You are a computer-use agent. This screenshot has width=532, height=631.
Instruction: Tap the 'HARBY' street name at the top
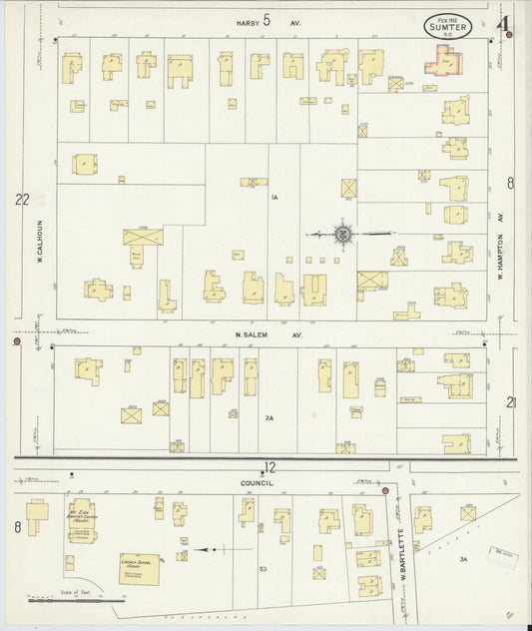[x=248, y=21]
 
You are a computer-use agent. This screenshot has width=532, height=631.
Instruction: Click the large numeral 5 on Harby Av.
[x=266, y=19]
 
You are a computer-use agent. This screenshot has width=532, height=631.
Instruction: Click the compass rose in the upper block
[x=342, y=234]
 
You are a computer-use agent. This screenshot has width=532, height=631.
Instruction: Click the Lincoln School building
[x=139, y=568]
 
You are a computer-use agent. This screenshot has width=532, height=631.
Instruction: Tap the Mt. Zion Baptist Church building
[x=82, y=519]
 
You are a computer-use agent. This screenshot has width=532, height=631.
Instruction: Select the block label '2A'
[x=268, y=417]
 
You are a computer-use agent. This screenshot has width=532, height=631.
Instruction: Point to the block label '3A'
[x=462, y=560]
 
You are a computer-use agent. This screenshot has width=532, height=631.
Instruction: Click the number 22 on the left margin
[x=22, y=200]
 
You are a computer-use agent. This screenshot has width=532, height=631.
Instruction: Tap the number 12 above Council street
[x=268, y=466]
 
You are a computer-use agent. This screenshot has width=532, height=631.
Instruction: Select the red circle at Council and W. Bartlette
[x=385, y=490]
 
